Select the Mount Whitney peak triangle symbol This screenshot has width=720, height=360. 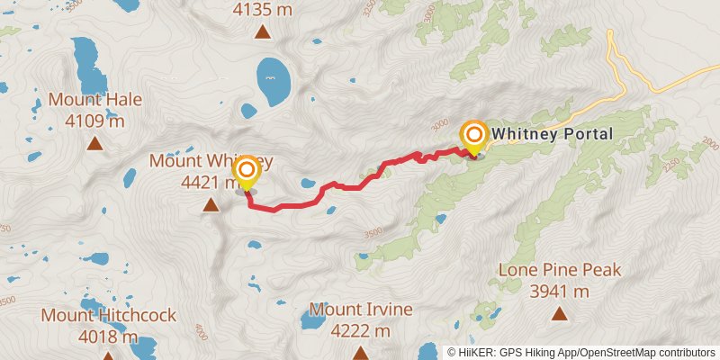point(211,205)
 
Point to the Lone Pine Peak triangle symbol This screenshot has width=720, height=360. point(560,313)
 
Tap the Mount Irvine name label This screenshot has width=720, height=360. point(361,310)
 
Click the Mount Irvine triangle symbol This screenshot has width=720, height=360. point(360,353)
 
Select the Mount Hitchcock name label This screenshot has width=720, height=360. point(108,316)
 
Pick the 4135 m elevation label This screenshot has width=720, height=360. point(262,11)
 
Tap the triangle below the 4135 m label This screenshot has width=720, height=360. point(262,33)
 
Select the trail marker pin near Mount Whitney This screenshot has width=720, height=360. point(245,171)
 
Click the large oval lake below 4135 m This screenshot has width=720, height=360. point(273,81)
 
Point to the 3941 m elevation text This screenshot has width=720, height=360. point(560,291)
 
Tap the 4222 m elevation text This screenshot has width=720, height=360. point(360,330)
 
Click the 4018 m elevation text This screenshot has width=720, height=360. point(107,337)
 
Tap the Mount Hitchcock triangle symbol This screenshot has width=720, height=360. point(108,356)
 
